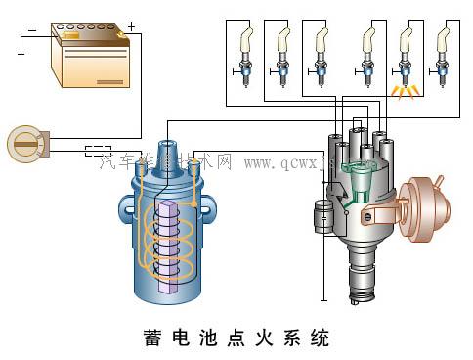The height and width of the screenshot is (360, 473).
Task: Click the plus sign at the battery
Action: pos(132,25)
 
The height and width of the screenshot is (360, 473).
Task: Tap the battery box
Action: pos(92,61)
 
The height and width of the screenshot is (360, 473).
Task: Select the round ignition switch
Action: pos(23,144)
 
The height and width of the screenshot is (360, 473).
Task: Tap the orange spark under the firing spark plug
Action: pos(403,93)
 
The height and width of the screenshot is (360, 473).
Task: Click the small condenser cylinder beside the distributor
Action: pos(321,216)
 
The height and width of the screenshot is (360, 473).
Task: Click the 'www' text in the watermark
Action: pos(261,161)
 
